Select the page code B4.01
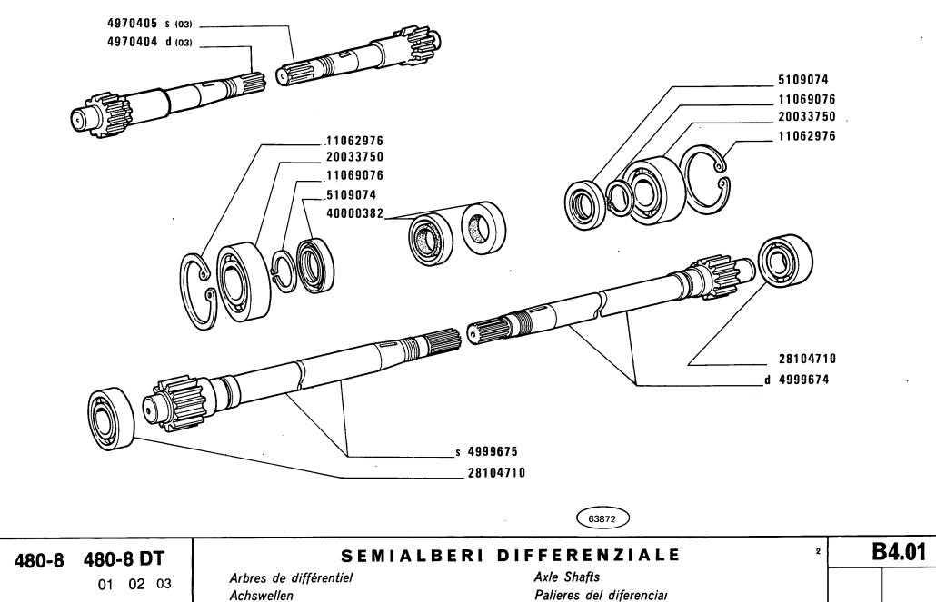tap(889, 553)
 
